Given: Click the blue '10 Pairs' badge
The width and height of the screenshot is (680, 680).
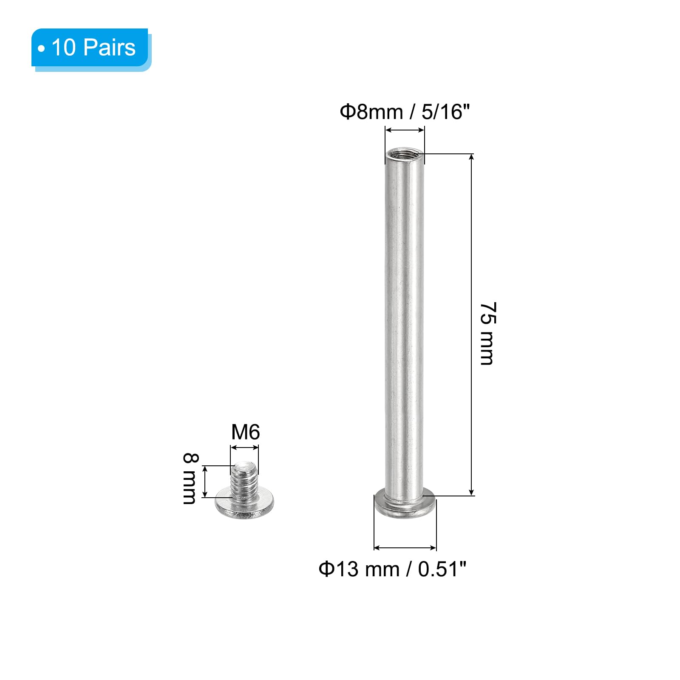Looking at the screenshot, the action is pos(90,48).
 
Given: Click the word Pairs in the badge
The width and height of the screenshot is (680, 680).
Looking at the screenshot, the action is pos(109,47).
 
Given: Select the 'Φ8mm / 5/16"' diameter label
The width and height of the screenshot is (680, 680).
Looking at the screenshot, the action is pos(405,112).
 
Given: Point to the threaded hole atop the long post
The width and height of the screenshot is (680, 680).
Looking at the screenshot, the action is pos(405,153).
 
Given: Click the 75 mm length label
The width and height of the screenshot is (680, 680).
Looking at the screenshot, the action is pos(487,334).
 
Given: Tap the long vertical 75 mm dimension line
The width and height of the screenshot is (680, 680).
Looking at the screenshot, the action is pos(471,325).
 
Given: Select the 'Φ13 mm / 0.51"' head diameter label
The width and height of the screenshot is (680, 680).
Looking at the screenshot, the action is pos(393,569).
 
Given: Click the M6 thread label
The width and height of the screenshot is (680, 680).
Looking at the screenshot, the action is pos(245,432).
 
